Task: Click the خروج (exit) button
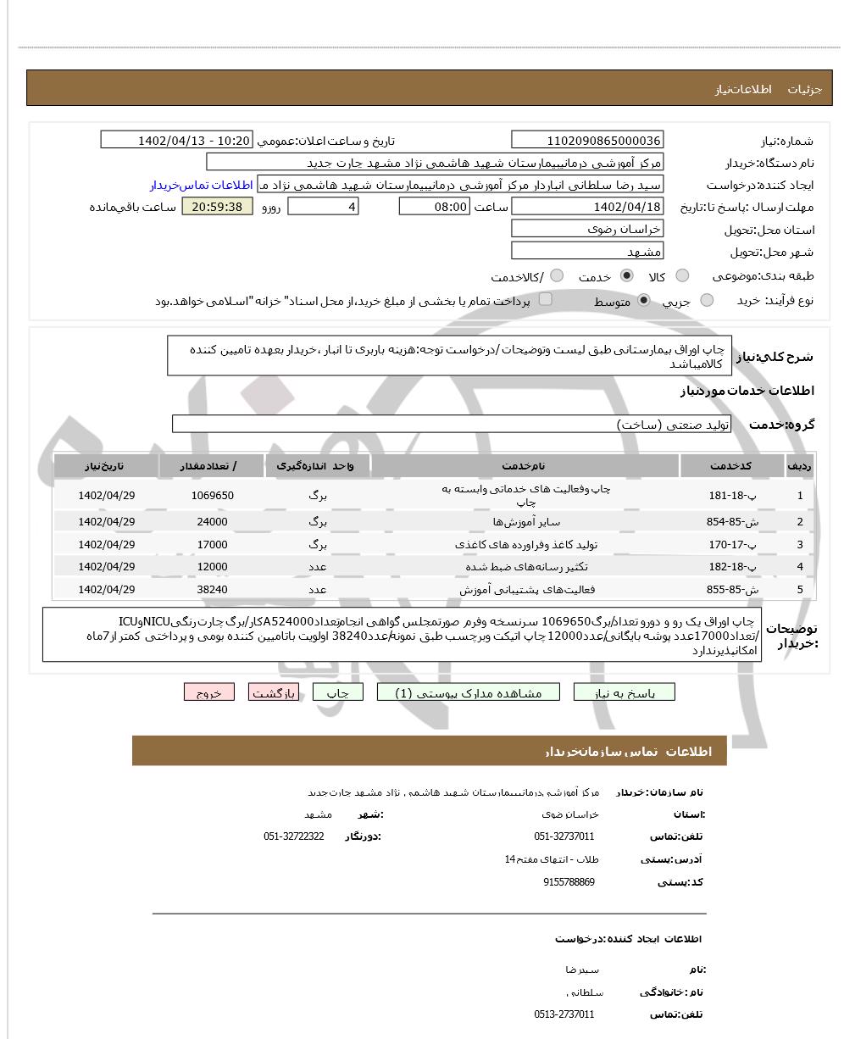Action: click(x=208, y=692)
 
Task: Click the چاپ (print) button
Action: click(x=337, y=692)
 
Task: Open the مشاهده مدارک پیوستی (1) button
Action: click(x=469, y=692)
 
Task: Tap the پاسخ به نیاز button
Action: click(x=625, y=692)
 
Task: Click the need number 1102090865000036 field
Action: click(x=587, y=141)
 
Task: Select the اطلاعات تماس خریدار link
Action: click(x=202, y=185)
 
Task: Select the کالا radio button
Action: click(x=682, y=276)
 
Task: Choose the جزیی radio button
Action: click(x=707, y=300)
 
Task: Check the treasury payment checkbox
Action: click(x=546, y=298)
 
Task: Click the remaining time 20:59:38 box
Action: click(x=217, y=207)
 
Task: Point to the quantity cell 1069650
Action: click(x=212, y=496)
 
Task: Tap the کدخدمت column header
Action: click(x=732, y=466)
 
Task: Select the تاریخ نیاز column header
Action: click(x=106, y=466)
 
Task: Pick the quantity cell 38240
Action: click(x=212, y=589)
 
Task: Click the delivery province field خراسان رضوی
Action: click(x=587, y=229)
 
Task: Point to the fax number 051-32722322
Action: click(x=293, y=836)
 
